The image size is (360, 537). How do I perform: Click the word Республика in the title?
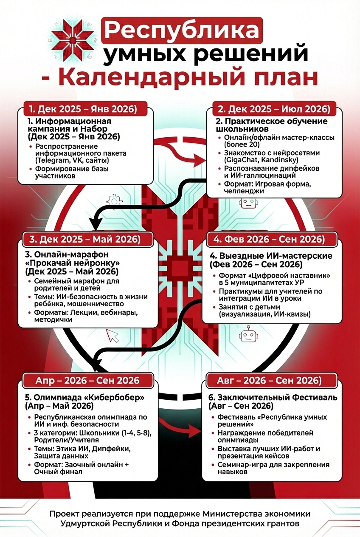coord(182,31)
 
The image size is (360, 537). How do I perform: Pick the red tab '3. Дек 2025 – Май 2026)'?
coord(85,239)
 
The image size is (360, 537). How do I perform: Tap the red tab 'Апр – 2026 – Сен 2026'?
coord(87,380)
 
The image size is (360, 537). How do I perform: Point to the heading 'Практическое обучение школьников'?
coord(272,125)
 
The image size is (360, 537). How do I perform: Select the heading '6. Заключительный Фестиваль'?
coord(274,398)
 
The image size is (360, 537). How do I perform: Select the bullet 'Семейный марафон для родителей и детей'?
coord(76,285)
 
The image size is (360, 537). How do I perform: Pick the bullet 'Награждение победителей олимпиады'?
coord(265,436)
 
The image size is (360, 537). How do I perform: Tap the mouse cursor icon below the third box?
coord(113,336)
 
